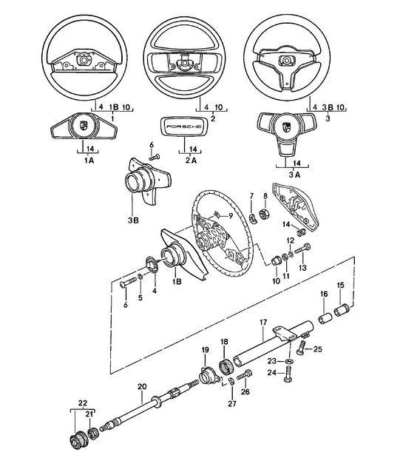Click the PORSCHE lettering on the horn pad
click(x=184, y=127)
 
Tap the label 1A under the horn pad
click(x=89, y=161)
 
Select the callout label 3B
click(x=133, y=220)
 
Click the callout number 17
click(x=263, y=323)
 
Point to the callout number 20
click(x=142, y=386)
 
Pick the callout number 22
click(x=83, y=403)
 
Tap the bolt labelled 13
click(x=302, y=249)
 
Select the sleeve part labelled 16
click(x=325, y=319)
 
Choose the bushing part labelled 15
click(x=342, y=310)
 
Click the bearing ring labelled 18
click(x=226, y=363)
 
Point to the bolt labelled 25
click(x=301, y=348)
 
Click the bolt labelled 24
click(x=288, y=374)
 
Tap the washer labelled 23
click(x=290, y=361)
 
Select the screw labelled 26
click(x=244, y=375)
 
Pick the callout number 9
click(x=231, y=216)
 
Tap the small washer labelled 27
click(x=231, y=382)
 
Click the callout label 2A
click(x=191, y=161)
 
